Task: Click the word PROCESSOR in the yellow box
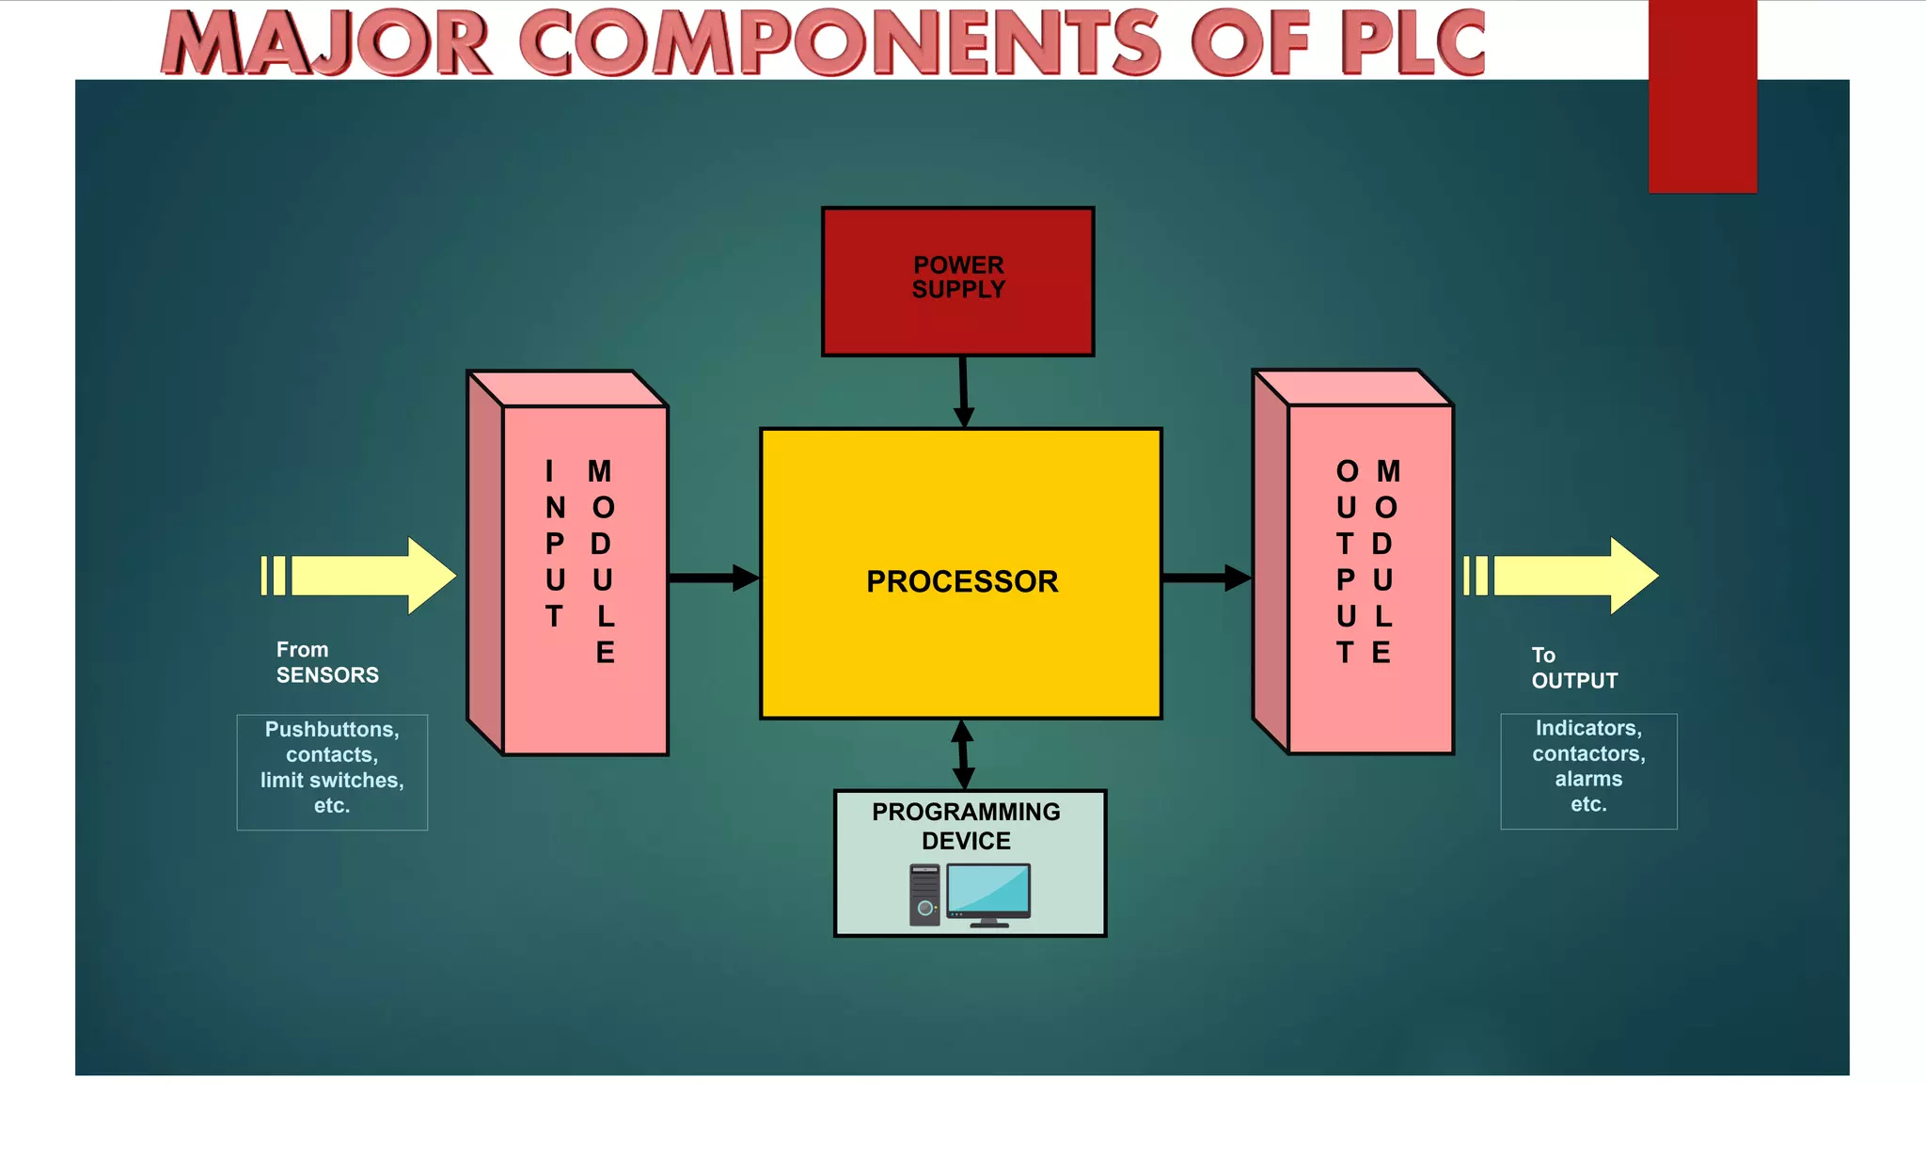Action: [962, 581]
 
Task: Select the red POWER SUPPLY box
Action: [957, 320]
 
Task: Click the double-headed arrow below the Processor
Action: [962, 754]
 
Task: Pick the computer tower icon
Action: [924, 895]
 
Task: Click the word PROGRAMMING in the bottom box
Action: [966, 812]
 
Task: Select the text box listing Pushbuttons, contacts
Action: [332, 771]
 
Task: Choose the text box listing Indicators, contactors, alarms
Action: [1588, 770]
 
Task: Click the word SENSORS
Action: [327, 675]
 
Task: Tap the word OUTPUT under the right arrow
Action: [1574, 681]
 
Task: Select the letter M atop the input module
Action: [599, 471]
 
